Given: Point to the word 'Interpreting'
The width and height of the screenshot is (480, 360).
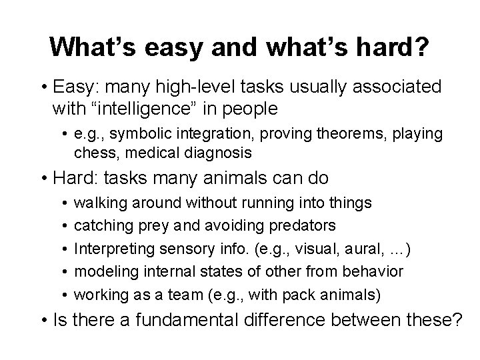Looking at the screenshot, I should [111, 249].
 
